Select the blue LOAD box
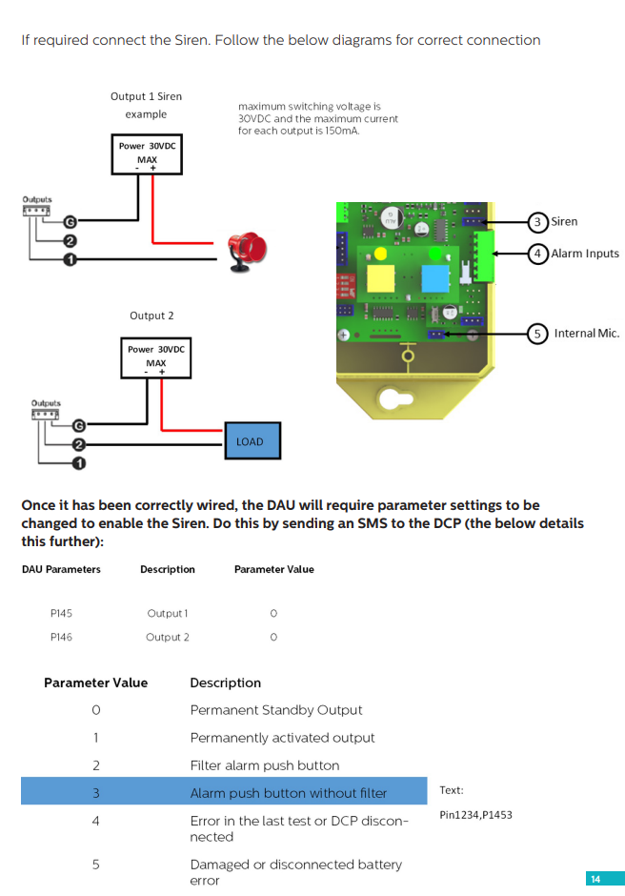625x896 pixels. (250, 441)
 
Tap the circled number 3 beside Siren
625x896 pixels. (537, 222)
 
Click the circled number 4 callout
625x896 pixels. (537, 254)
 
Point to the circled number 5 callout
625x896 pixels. (537, 333)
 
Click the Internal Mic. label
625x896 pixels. (586, 333)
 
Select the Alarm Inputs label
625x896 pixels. (585, 254)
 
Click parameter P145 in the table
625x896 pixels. (60, 613)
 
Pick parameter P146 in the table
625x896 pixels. (60, 637)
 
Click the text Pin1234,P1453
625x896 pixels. (475, 815)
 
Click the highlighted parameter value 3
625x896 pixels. (95, 793)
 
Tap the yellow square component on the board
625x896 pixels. (381, 278)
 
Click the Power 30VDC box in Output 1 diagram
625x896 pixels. (146, 154)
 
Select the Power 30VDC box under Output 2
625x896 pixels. (155, 357)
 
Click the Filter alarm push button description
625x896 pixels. (264, 765)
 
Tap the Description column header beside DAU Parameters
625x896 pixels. (167, 569)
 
